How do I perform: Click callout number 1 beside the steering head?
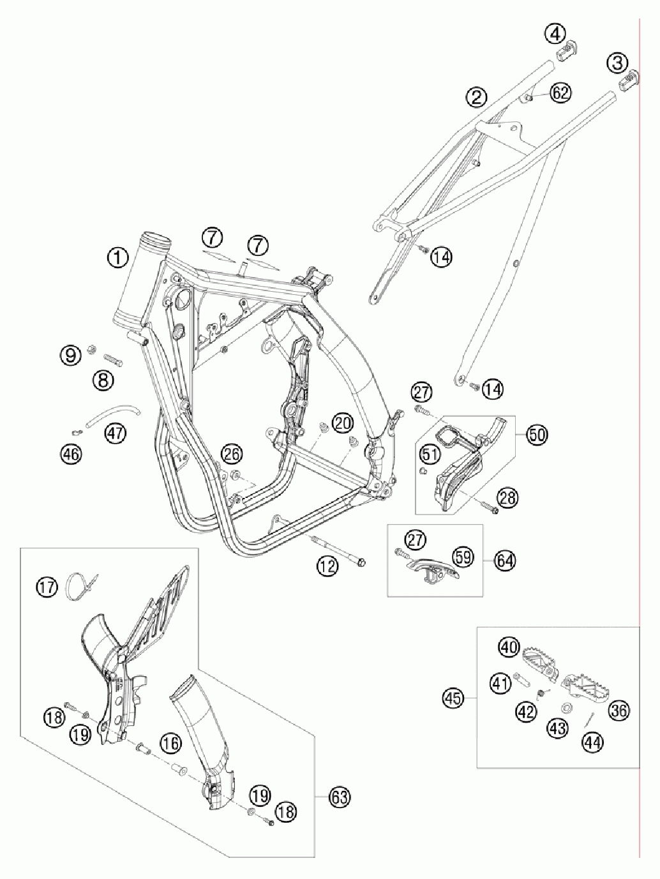click(118, 259)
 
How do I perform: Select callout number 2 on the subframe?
click(476, 98)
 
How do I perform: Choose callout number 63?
click(339, 797)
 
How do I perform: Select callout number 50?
click(537, 435)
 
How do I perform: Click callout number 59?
click(465, 556)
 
